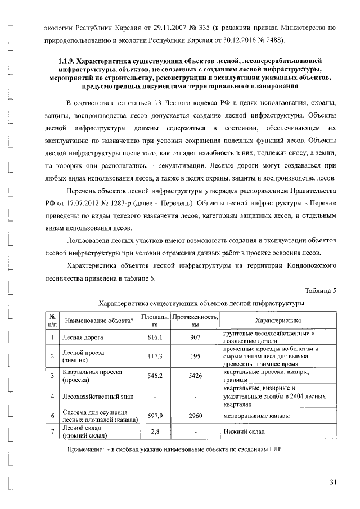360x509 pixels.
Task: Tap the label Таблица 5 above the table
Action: point(320,290)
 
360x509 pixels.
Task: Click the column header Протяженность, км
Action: point(195,321)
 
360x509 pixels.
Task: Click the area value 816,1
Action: point(155,336)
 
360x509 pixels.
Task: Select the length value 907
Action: point(195,336)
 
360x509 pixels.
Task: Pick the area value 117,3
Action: point(155,356)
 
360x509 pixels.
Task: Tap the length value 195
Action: point(195,356)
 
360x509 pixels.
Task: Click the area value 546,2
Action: point(155,376)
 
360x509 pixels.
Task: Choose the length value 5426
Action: point(195,376)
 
